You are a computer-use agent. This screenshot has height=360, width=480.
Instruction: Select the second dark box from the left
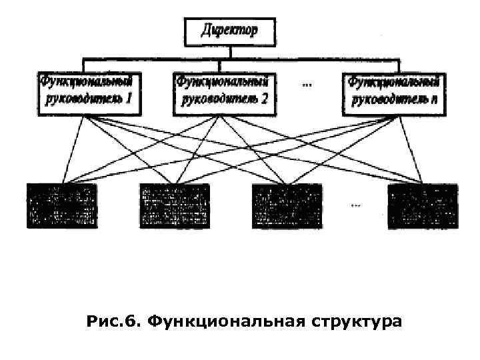[174, 206]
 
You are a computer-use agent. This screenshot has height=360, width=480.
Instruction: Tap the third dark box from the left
[287, 206]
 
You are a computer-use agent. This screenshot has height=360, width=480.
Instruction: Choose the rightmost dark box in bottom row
[423, 206]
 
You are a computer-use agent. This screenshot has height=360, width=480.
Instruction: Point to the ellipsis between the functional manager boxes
[307, 84]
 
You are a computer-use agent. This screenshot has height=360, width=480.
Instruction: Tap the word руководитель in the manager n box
[389, 101]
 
